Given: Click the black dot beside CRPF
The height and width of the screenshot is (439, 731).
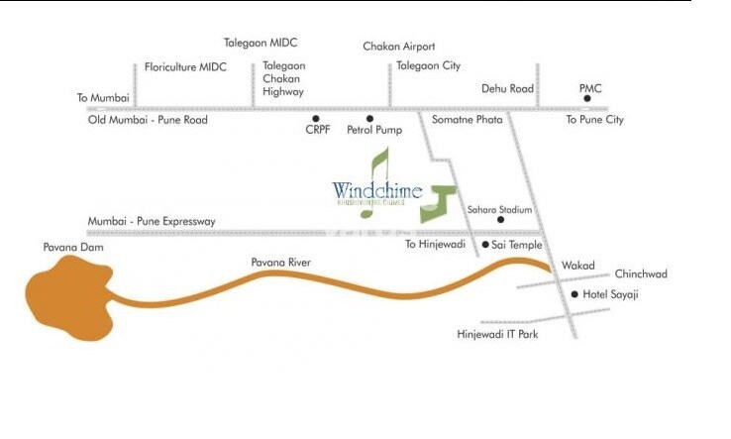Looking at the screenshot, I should tap(316, 118).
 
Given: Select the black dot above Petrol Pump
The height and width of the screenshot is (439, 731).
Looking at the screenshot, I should tap(369, 118).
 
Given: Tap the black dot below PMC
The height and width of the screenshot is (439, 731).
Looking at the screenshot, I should tap(587, 99).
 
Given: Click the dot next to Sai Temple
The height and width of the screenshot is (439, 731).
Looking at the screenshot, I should tap(484, 243).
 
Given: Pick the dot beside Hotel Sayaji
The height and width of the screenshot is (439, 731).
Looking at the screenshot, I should tap(574, 293).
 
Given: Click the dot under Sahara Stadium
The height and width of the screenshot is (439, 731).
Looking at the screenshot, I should tap(500, 220).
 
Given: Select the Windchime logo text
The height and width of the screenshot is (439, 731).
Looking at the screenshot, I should tap(377, 190).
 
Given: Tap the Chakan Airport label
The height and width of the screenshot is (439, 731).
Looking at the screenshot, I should tap(398, 47).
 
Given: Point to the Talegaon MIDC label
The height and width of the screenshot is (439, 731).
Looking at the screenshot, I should tap(261, 43).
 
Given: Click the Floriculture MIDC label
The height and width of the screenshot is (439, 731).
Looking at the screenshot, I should tap(185, 67).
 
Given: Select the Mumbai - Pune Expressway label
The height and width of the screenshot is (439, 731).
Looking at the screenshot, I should tap(152, 221).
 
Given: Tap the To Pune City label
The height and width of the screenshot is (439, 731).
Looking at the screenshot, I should tap(594, 120).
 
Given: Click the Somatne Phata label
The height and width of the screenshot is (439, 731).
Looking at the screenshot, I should tap(468, 120).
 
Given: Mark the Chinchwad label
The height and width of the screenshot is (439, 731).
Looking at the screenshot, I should tap(641, 274).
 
